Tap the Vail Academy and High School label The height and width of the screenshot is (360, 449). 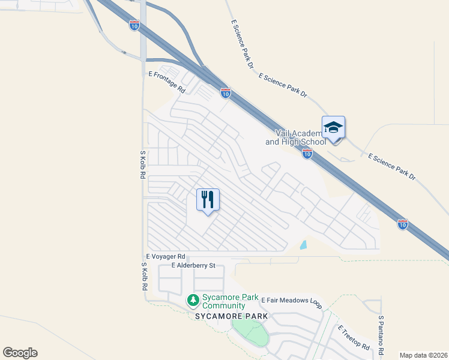click(295, 137)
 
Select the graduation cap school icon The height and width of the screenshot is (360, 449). click(334, 128)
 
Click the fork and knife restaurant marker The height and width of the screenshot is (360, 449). click(208, 199)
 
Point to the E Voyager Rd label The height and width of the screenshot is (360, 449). click(164, 256)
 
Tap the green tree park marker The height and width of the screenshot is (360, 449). click(193, 299)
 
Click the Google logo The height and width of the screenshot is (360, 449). click(20, 352)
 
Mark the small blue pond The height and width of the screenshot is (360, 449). click(303, 245)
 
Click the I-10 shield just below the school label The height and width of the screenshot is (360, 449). click(307, 155)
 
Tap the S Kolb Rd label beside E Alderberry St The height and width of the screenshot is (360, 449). click(144, 277)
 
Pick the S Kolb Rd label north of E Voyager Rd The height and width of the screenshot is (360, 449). click(143, 164)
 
